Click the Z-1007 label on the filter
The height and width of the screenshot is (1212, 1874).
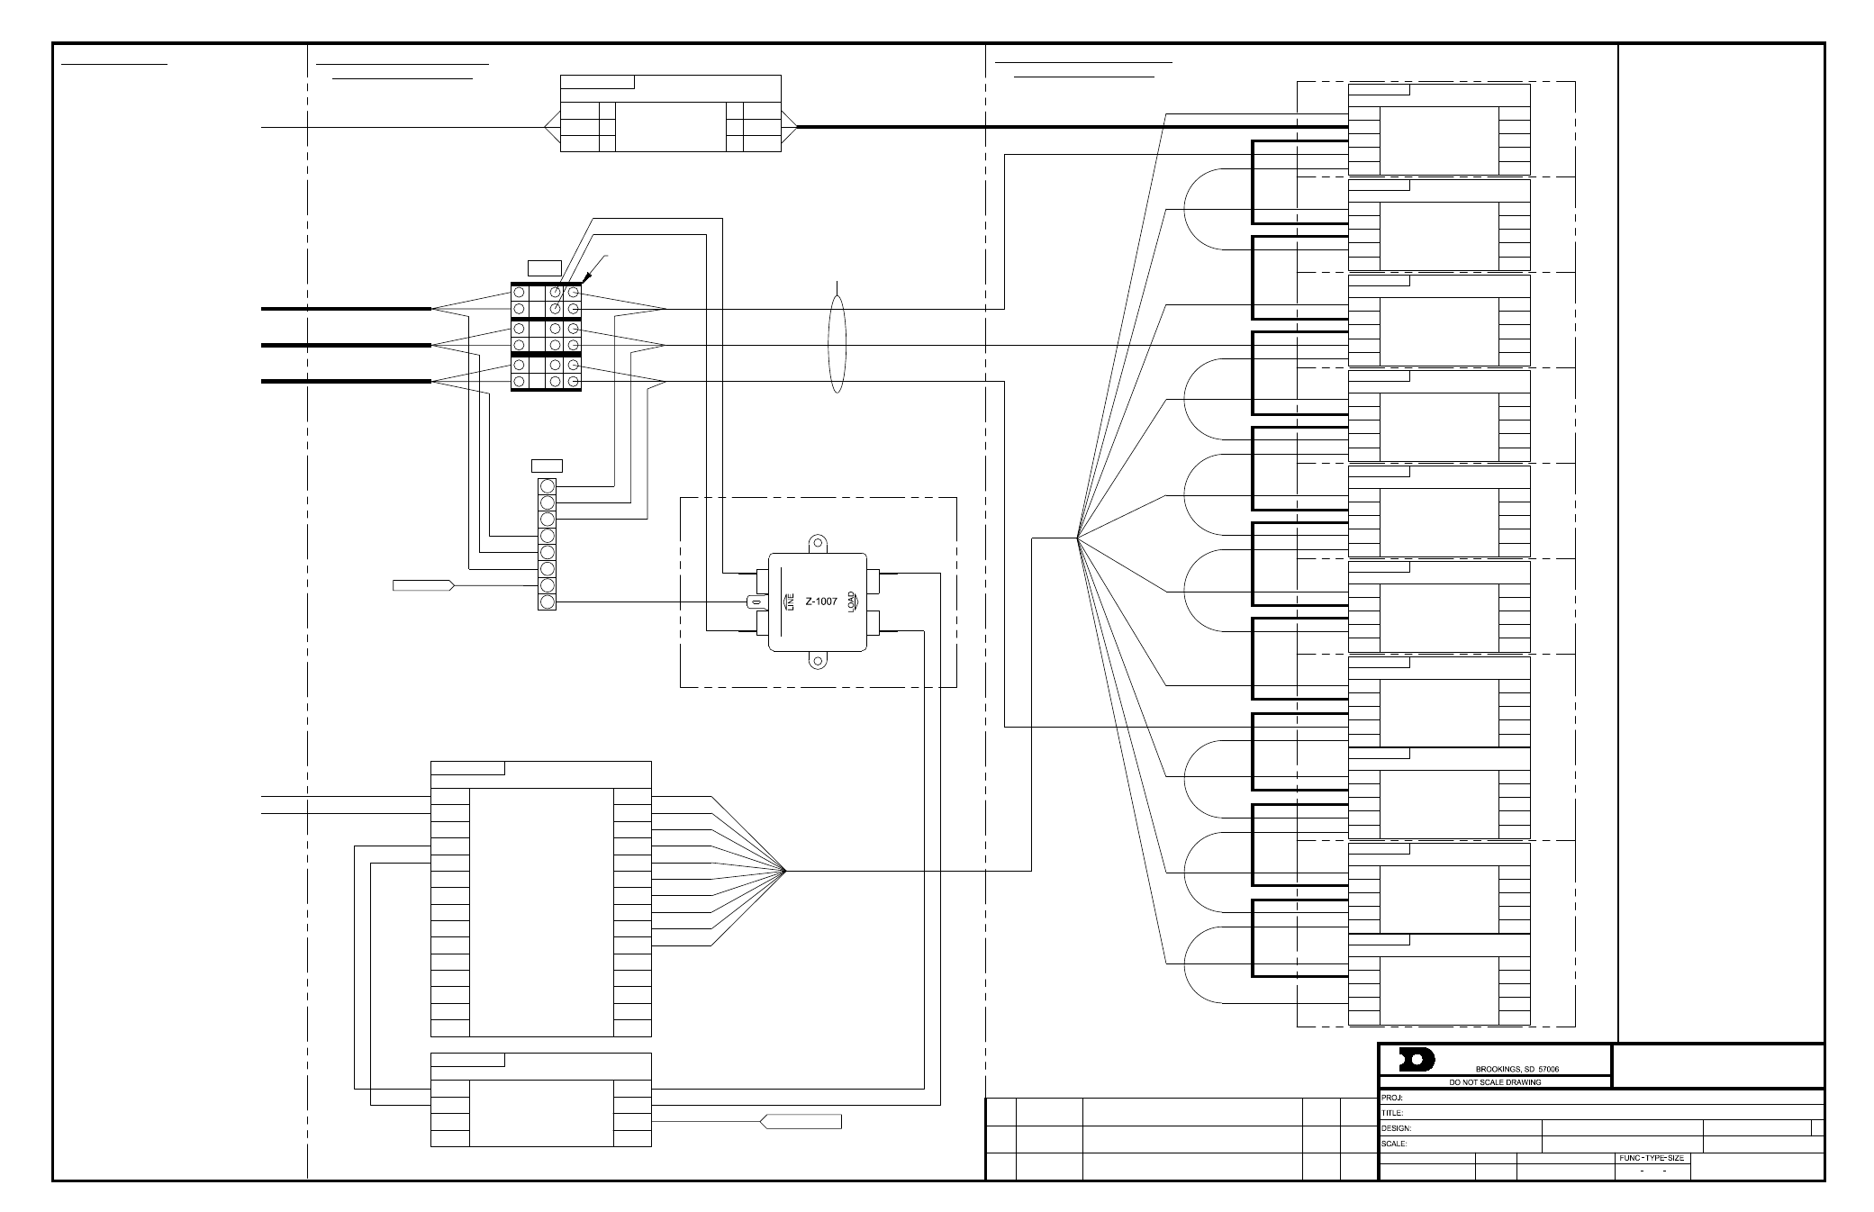820,601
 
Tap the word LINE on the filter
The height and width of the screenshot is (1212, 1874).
790,601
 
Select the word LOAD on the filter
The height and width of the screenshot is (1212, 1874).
852,601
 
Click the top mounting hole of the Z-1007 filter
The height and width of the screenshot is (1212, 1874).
817,542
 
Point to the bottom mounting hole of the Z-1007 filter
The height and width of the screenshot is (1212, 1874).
817,661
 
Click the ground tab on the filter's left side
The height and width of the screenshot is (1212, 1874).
755,601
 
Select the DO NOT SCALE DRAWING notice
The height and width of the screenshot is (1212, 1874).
1495,1082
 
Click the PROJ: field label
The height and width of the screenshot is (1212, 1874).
1393,1098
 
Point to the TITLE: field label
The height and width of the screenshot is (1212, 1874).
1392,1113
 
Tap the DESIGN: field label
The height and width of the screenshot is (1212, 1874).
1397,1128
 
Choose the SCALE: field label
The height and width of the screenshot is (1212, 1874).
1395,1144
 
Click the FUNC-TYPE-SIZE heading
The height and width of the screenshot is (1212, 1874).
1651,1158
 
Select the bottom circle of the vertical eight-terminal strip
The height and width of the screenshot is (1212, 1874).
547,601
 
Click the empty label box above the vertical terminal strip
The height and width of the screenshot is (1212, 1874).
548,466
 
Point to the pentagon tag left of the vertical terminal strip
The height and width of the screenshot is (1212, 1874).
423,586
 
